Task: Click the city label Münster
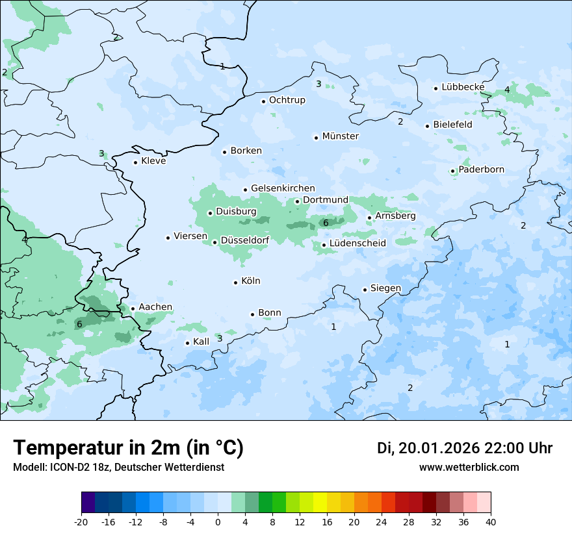[x=340, y=136]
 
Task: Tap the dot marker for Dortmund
[x=297, y=201]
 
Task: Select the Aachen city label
[x=155, y=307]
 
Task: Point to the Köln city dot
[x=235, y=282]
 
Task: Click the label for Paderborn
[x=481, y=170]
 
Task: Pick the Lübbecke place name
[x=463, y=87]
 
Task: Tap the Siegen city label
[x=385, y=288]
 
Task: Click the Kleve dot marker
[x=135, y=162]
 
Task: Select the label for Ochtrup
[x=287, y=100]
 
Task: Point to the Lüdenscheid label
[x=357, y=244]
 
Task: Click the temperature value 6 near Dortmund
[x=326, y=223]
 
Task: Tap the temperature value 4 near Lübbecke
[x=507, y=90]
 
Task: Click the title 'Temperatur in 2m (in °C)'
[x=128, y=448]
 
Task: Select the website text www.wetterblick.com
[x=469, y=468]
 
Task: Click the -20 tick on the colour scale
[x=81, y=522]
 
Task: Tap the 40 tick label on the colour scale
[x=491, y=522]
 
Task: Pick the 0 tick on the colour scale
[x=218, y=522]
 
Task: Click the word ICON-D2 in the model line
[x=67, y=468]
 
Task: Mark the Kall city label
[x=201, y=342]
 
